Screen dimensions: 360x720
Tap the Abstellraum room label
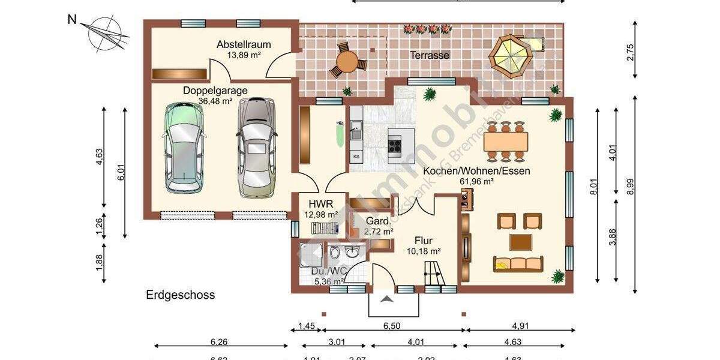[x=244, y=44]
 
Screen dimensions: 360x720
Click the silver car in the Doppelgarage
[x=257, y=148]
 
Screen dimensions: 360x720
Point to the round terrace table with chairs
[x=347, y=61]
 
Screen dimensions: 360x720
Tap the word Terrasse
[x=430, y=55]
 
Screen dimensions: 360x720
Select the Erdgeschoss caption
[x=181, y=295]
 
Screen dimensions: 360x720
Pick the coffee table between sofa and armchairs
[x=520, y=242]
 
